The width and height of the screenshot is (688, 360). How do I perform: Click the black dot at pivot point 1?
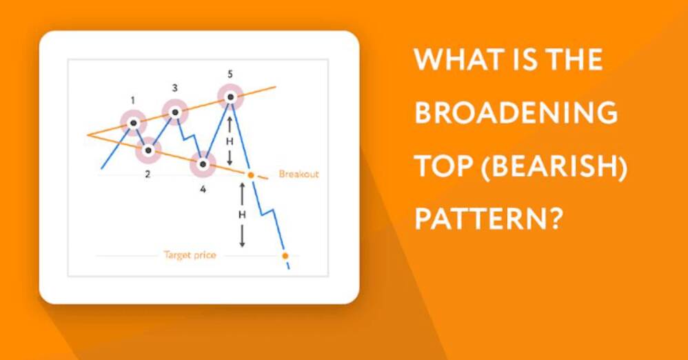tap(133, 123)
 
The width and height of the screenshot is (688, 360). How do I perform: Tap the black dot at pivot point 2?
tap(148, 150)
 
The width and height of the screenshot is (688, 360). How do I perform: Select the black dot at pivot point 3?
tap(174, 112)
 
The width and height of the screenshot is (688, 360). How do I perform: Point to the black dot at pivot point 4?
tap(203, 165)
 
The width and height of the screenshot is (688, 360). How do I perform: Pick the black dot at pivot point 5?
tap(230, 97)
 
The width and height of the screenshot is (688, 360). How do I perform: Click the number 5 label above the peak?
tap(230, 74)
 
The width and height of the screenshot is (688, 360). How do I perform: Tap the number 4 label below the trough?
tap(203, 189)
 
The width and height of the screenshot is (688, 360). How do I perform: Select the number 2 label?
tap(148, 174)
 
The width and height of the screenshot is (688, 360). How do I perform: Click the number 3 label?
tap(174, 88)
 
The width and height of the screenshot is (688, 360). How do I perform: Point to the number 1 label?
tap(133, 101)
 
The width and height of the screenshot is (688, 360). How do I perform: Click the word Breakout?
tap(299, 174)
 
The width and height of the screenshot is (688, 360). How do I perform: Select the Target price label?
tap(190, 255)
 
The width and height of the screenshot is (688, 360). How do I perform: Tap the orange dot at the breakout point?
tap(250, 175)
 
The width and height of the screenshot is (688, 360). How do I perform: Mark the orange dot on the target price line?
tap(285, 255)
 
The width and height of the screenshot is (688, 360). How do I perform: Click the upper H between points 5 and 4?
tap(230, 141)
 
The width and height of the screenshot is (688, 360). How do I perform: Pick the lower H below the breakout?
tap(242, 214)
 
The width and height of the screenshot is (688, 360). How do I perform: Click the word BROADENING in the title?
tap(516, 112)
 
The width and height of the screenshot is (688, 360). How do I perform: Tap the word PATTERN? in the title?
tap(488, 218)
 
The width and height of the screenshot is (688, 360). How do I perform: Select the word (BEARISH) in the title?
tap(554, 167)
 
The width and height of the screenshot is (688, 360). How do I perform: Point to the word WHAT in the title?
tap(456, 59)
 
